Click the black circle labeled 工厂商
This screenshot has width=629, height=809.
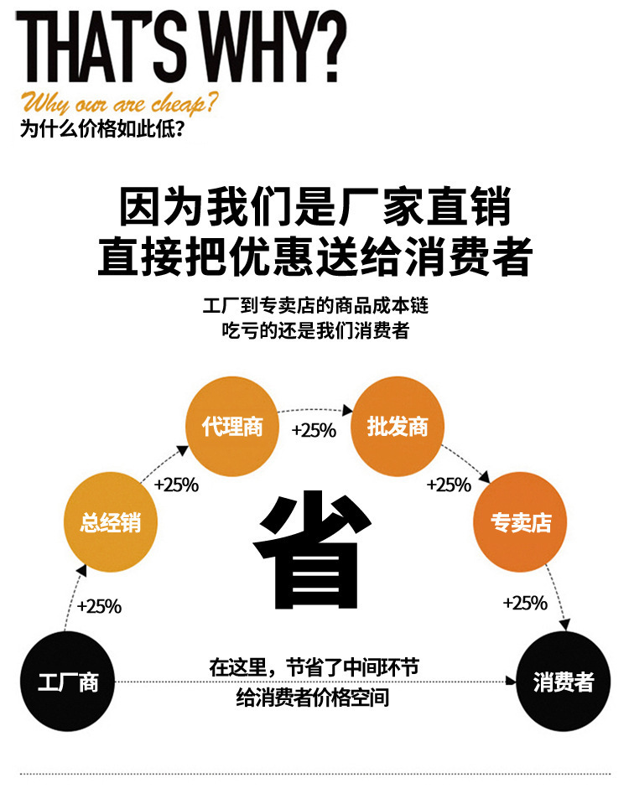tap(67, 682)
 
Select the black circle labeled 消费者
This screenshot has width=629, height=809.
tap(563, 682)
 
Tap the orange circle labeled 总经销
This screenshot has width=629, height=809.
tap(111, 524)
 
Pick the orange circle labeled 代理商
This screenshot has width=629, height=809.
tap(232, 427)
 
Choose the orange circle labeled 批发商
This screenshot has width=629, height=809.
tap(397, 427)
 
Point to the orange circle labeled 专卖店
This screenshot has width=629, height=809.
tap(521, 522)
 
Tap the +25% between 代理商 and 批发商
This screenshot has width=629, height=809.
tap(314, 430)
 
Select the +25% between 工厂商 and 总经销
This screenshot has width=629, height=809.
tap(99, 606)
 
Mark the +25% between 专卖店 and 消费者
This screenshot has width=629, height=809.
tap(525, 603)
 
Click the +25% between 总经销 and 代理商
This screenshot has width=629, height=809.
tap(176, 485)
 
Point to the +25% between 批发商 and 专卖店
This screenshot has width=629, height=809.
tap(450, 485)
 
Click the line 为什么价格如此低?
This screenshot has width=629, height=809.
tap(102, 130)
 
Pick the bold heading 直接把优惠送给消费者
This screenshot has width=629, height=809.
tap(314, 257)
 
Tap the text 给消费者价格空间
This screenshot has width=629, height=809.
tap(313, 698)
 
